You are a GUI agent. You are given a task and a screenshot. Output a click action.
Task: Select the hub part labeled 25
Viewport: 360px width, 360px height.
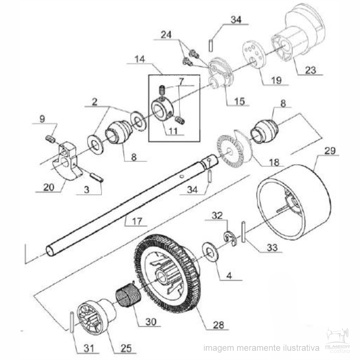tap(95, 316)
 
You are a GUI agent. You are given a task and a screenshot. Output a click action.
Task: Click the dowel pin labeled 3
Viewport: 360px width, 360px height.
tap(97, 177)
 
